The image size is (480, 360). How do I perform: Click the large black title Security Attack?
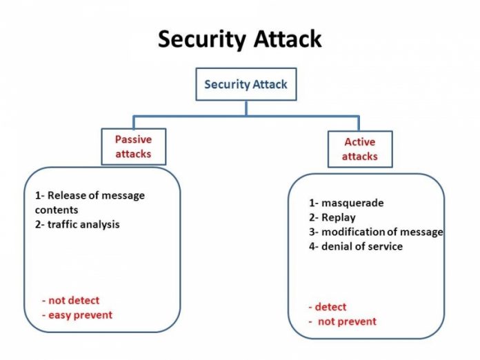pyautogui.click(x=240, y=39)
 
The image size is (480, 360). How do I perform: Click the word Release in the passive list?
pyautogui.click(x=66, y=195)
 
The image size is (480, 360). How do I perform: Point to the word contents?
pyautogui.click(x=57, y=210)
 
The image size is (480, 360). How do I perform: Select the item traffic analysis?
pyautogui.click(x=83, y=224)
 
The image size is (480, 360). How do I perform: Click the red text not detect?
pyautogui.click(x=74, y=300)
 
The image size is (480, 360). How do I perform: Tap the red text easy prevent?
pyautogui.click(x=81, y=315)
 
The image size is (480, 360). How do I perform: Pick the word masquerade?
pyautogui.click(x=352, y=203)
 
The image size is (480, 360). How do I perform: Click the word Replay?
pyautogui.click(x=339, y=217)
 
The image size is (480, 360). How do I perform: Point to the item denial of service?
pyautogui.click(x=362, y=246)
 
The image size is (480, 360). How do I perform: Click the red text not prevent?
pyautogui.click(x=347, y=321)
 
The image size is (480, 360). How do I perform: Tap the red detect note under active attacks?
pyautogui.click(x=330, y=307)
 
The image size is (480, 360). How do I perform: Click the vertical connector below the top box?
pyautogui.click(x=246, y=108)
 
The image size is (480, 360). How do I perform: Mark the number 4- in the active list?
pyautogui.click(x=314, y=246)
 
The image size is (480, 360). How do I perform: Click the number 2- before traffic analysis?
pyautogui.click(x=40, y=224)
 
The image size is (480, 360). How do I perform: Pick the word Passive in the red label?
pyautogui.click(x=134, y=139)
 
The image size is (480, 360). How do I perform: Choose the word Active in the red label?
pyautogui.click(x=360, y=142)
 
